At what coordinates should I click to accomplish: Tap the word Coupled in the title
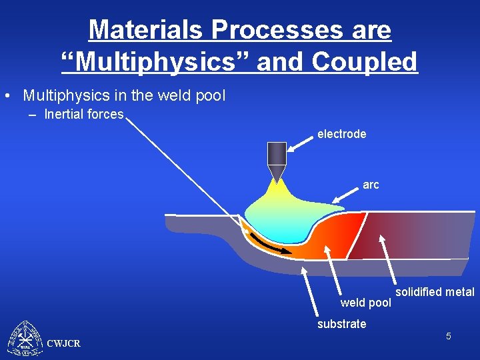coord(363,62)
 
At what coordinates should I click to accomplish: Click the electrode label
coord(341,134)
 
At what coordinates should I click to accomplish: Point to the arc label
coord(371,185)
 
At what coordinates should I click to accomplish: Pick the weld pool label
coord(365,303)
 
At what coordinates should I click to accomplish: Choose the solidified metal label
coord(435,292)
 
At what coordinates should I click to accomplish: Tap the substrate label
coord(341,324)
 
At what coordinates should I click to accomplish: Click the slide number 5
coord(449,336)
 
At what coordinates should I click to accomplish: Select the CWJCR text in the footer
coord(64,343)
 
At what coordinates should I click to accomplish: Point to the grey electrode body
coord(276,153)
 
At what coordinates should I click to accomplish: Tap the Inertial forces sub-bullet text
coord(84,115)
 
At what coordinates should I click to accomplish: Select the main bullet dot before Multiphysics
coord(6,96)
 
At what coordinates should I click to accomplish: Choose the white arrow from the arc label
coord(346,194)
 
